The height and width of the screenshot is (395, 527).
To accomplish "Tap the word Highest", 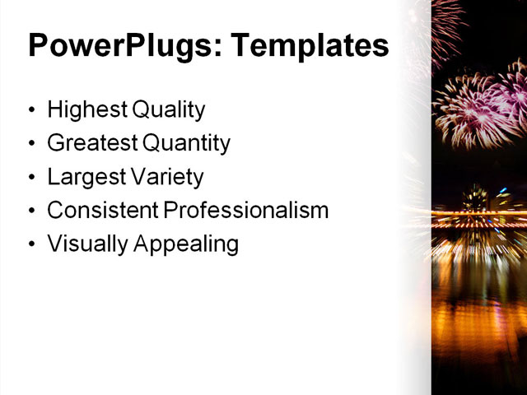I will (x=82, y=109).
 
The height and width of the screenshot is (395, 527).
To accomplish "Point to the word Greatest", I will (x=92, y=143).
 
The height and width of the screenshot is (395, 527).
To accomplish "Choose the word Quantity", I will (x=186, y=144).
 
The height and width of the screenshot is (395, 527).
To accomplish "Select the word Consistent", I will (x=102, y=210).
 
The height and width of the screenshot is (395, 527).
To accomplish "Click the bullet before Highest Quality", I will (x=31, y=110).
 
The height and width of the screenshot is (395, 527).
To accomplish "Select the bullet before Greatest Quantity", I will (x=31, y=144).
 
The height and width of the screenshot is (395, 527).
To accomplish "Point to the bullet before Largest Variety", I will (x=31, y=178).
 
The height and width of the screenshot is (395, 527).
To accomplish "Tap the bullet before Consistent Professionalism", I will (x=31, y=211).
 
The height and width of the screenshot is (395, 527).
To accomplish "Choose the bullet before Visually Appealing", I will (x=31, y=244).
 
